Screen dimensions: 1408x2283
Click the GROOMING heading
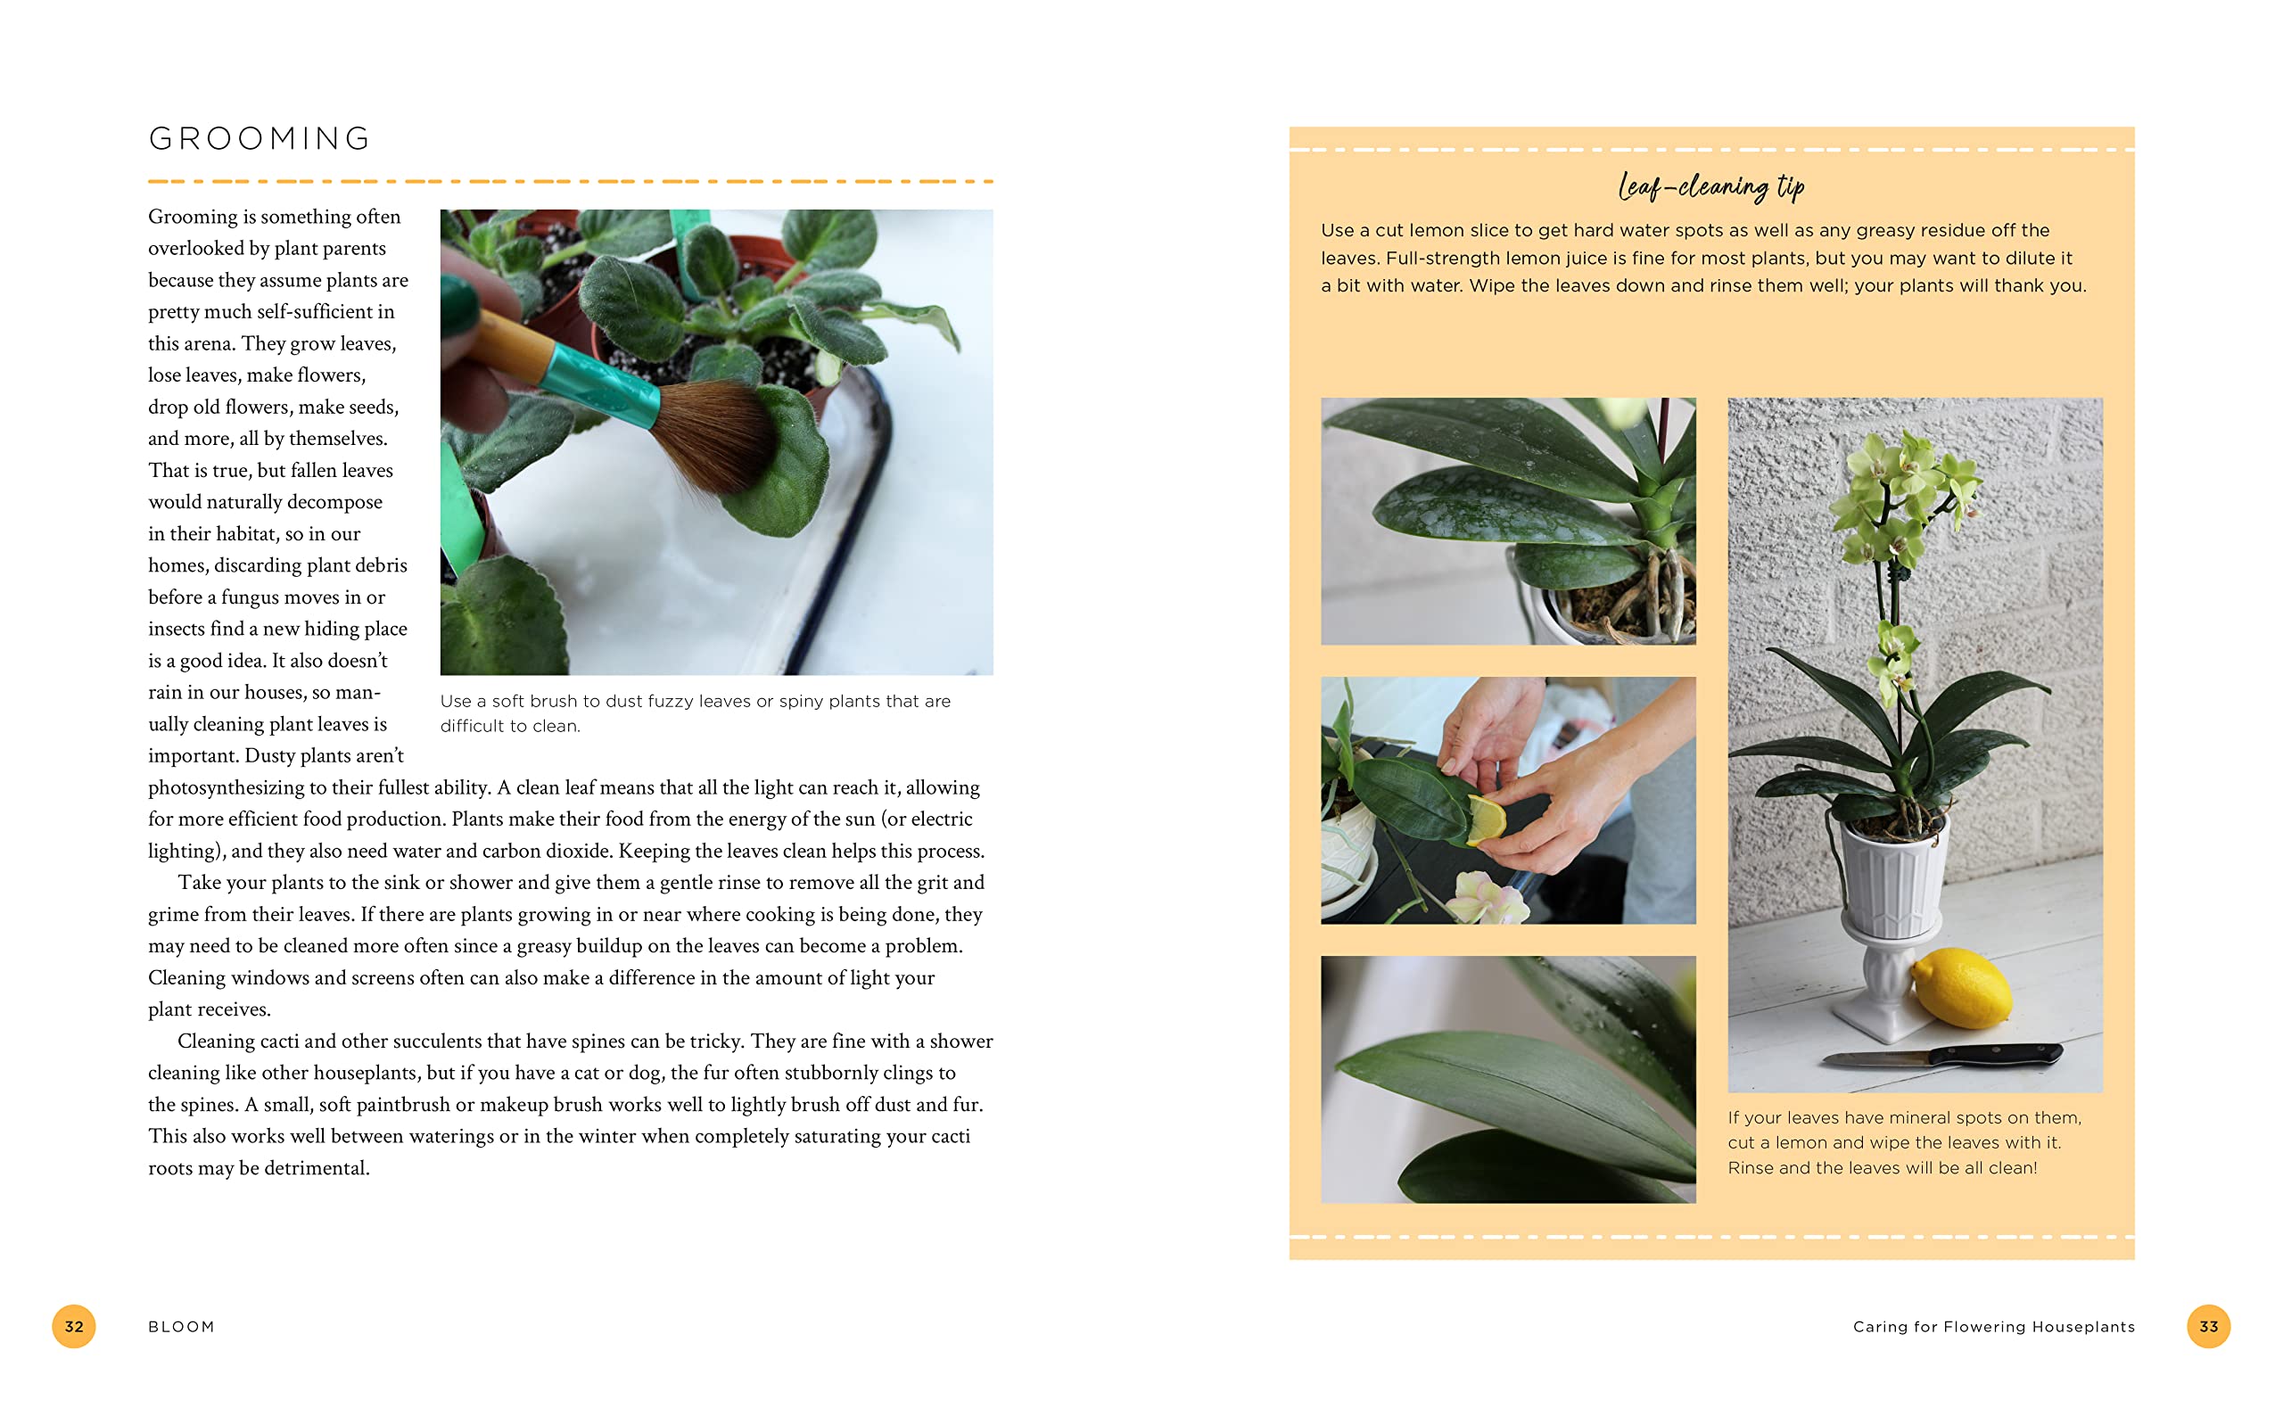click(x=260, y=138)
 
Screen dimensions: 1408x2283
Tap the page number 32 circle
click(x=73, y=1326)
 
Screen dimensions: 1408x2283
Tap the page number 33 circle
click(x=2207, y=1326)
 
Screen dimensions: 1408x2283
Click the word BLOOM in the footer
click(x=182, y=1326)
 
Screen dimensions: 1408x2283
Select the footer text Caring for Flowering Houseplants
click(x=1992, y=1326)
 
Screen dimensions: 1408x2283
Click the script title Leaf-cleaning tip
click(x=1710, y=186)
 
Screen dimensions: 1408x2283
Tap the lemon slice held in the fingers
click(x=1486, y=819)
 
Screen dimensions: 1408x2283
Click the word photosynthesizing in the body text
click(x=227, y=787)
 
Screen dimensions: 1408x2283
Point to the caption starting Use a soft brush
click(x=695, y=712)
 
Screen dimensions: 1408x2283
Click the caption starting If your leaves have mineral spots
click(x=1903, y=1141)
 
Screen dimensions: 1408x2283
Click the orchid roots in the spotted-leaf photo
click(x=1639, y=596)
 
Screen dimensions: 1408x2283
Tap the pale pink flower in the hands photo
click(x=1489, y=896)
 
